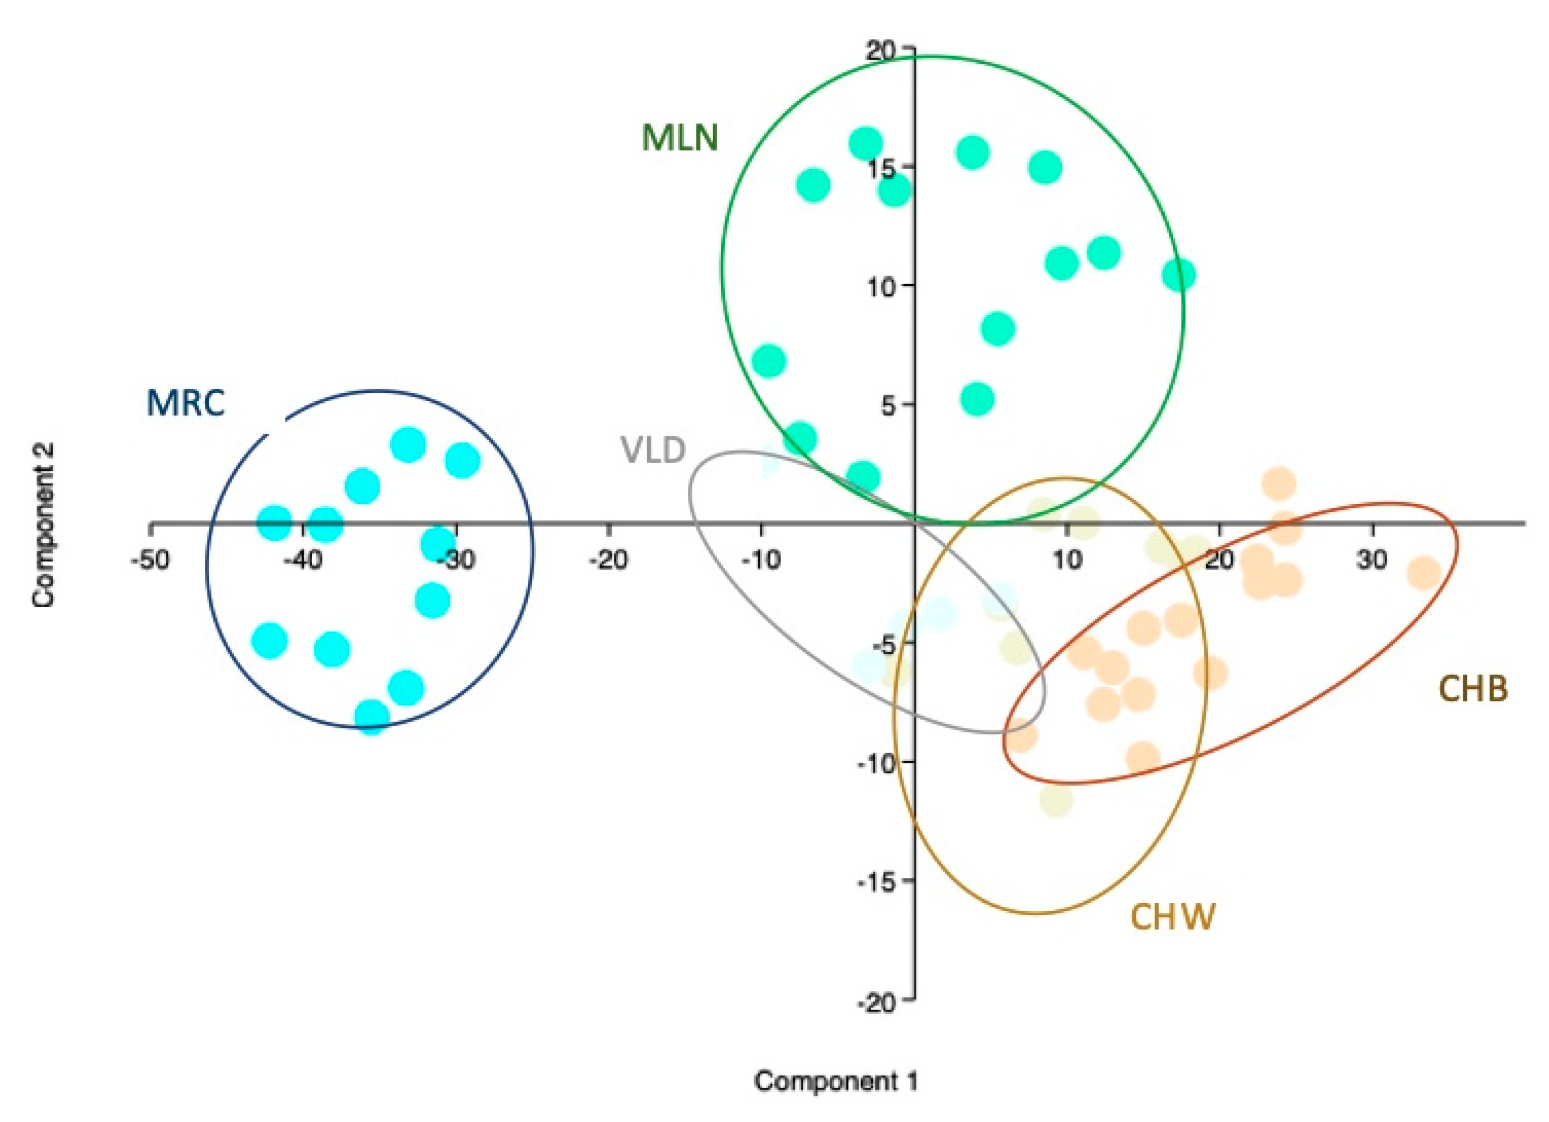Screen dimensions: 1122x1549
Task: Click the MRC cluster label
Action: (x=185, y=404)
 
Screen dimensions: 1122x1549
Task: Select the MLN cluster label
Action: (x=680, y=138)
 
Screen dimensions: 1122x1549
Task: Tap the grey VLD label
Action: (x=652, y=451)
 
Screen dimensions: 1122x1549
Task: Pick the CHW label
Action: (x=1173, y=917)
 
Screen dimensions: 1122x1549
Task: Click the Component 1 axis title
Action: (x=835, y=1081)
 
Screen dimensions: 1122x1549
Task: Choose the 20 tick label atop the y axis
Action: (x=885, y=49)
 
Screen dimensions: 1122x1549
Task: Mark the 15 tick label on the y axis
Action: (x=885, y=167)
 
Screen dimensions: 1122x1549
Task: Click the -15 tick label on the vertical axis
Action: (x=881, y=881)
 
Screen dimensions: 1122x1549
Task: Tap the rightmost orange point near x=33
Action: (x=1425, y=573)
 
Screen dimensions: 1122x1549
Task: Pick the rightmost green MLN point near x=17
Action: (x=1178, y=276)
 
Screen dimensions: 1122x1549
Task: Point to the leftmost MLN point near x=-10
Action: (x=768, y=361)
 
